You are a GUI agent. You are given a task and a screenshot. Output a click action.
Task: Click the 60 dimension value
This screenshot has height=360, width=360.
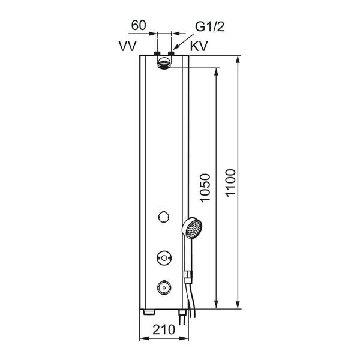coord(139,25)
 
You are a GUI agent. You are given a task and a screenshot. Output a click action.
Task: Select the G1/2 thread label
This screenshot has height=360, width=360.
coord(209,26)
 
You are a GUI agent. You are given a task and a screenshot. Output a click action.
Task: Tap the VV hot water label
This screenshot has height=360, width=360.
coord(128,46)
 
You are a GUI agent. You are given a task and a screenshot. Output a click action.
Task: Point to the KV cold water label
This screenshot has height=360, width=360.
coord(199,46)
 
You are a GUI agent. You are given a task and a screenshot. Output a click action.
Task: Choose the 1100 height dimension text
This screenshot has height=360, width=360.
coord(230,183)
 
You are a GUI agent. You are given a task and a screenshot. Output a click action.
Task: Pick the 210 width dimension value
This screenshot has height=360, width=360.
coord(164,329)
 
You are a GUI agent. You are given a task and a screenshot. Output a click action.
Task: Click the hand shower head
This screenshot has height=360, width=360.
coord(192,229)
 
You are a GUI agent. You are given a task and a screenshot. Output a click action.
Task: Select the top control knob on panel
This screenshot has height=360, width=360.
coord(164,216)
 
